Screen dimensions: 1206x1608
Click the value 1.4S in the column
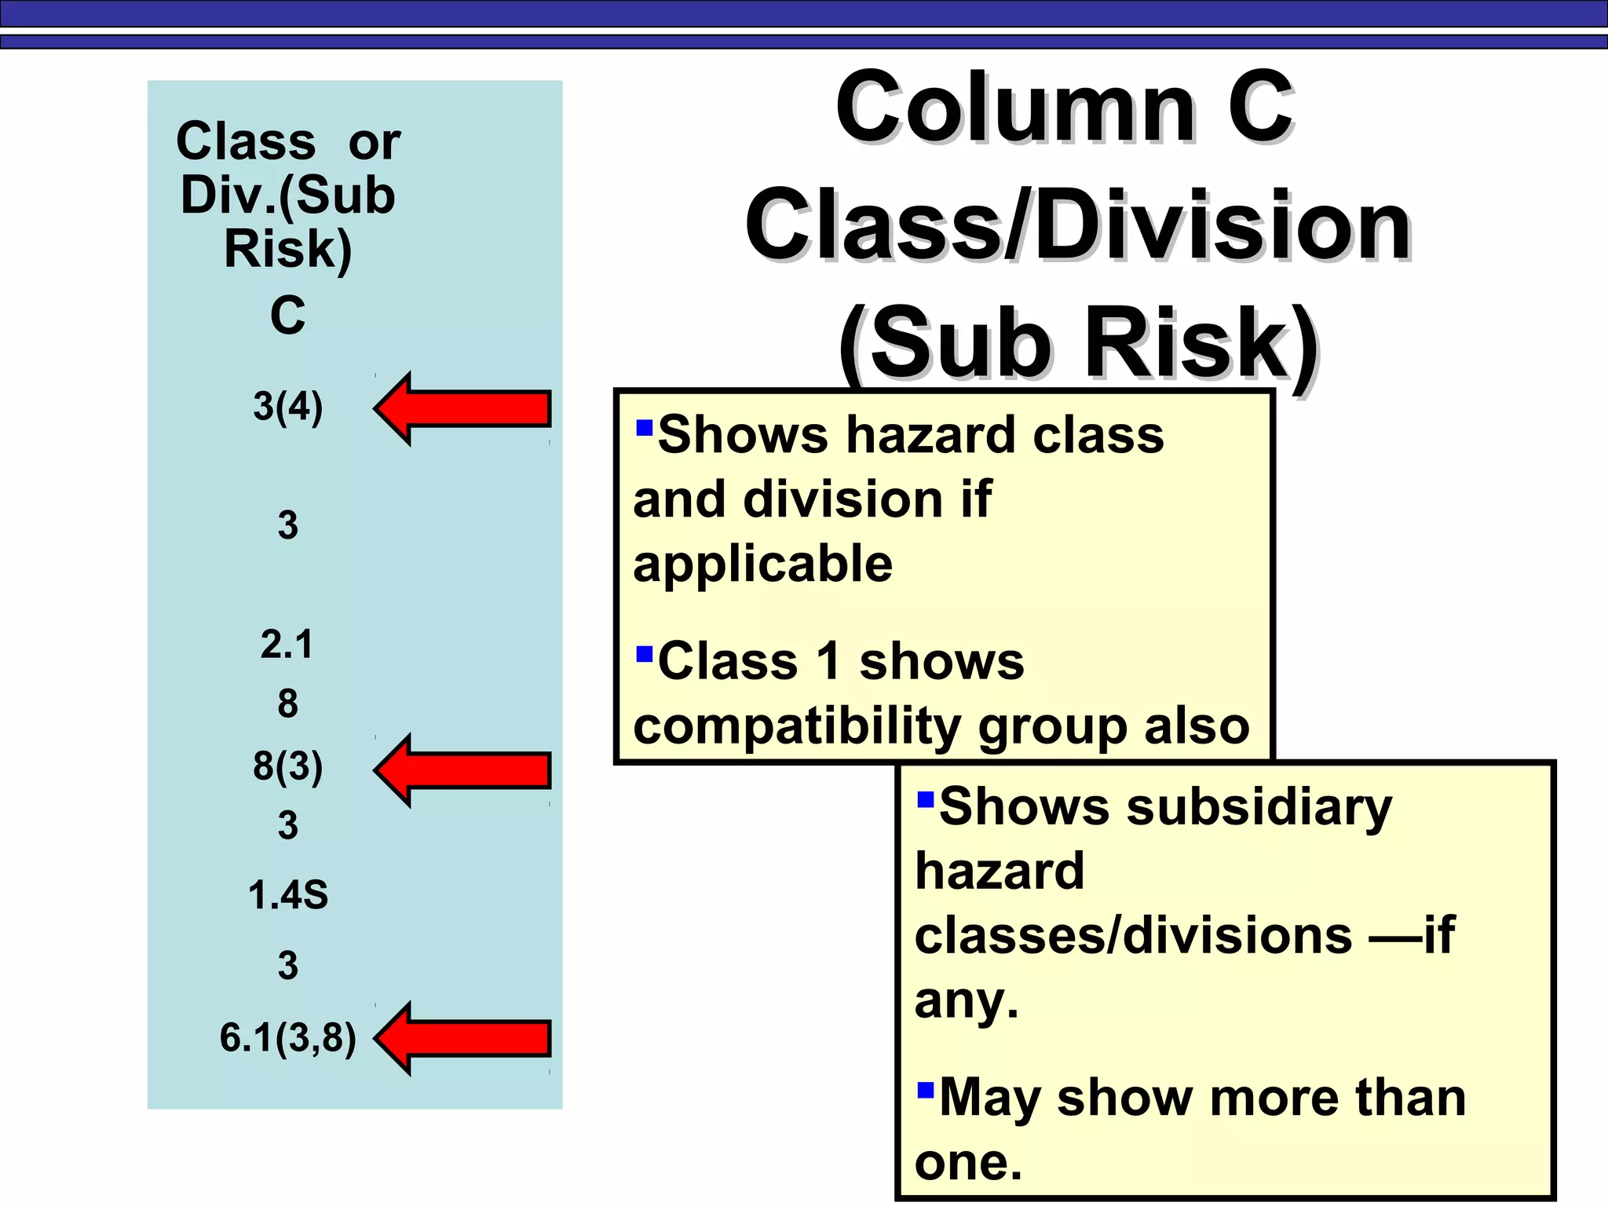tap(288, 895)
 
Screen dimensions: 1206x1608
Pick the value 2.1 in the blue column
tap(287, 645)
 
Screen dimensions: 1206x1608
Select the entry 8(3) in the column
tap(288, 766)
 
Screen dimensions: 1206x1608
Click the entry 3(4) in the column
tap(288, 407)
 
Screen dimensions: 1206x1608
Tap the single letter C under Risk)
tap(287, 316)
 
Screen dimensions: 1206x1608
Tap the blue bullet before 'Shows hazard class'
tap(645, 428)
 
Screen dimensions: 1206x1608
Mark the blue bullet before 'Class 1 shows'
tap(645, 654)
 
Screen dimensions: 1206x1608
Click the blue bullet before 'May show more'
tap(926, 1090)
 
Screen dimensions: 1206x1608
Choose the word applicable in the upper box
tap(763, 564)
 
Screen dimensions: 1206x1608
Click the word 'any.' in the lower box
tap(967, 1001)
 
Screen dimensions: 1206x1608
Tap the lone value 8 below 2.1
tap(287, 703)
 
